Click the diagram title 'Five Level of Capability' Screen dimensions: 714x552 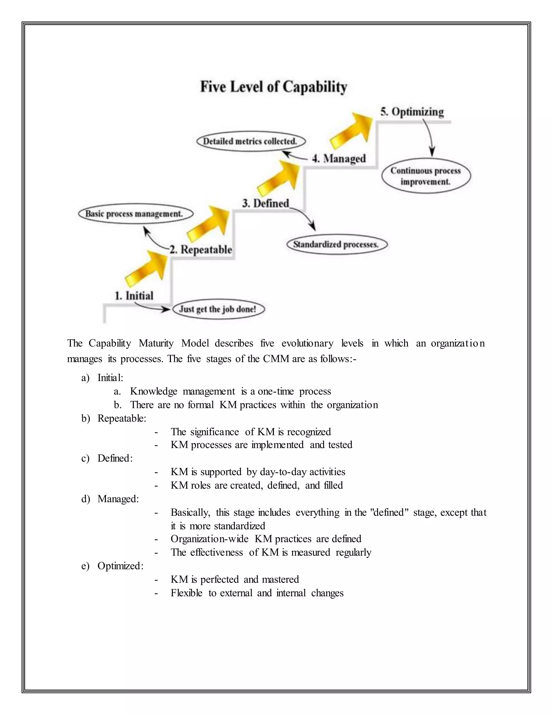[273, 87]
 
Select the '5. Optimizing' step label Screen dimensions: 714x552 [412, 112]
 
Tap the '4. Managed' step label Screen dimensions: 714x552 [339, 159]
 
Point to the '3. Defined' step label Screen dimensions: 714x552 [265, 203]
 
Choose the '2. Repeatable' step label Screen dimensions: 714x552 [201, 250]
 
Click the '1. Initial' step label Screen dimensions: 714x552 [134, 296]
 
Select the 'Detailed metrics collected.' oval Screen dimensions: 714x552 [251, 141]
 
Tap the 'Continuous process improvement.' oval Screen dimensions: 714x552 [426, 176]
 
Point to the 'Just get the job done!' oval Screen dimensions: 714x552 [218, 309]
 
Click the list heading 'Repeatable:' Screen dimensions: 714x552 [122, 418]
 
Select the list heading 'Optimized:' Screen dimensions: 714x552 [120, 566]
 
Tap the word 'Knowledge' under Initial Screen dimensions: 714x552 [153, 391]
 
